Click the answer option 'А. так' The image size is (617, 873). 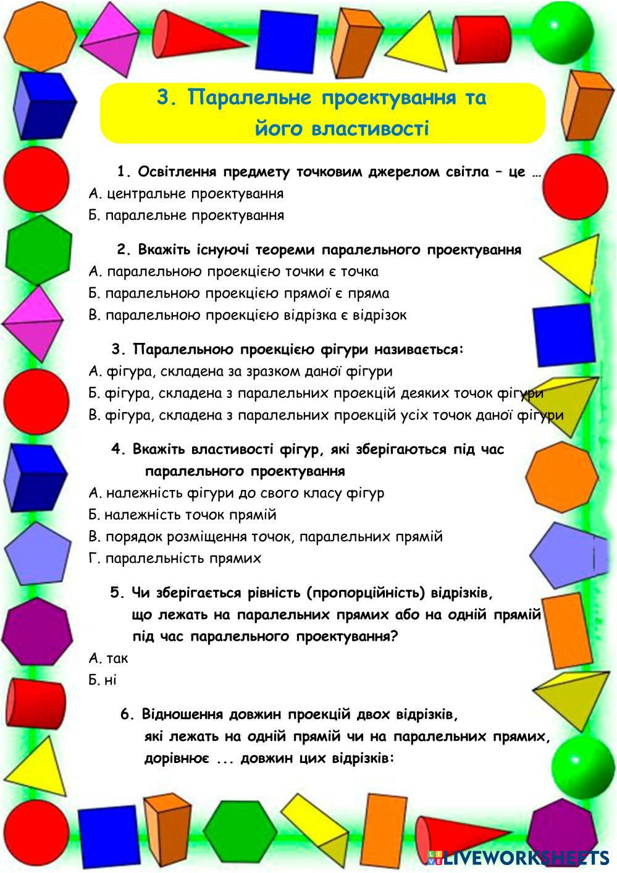pos(109,658)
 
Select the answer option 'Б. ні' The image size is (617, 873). pos(103,680)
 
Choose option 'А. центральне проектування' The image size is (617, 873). pos(186,193)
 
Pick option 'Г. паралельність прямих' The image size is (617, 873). pos(175,559)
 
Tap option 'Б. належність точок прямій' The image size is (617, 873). pos(182,515)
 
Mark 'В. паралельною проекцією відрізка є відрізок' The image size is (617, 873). pos(248,315)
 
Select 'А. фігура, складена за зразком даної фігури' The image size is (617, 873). pos(240,371)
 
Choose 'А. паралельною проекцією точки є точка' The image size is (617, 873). pos(233,271)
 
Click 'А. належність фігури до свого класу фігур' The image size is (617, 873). pos(236,493)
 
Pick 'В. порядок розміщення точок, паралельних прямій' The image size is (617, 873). pos(266,536)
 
